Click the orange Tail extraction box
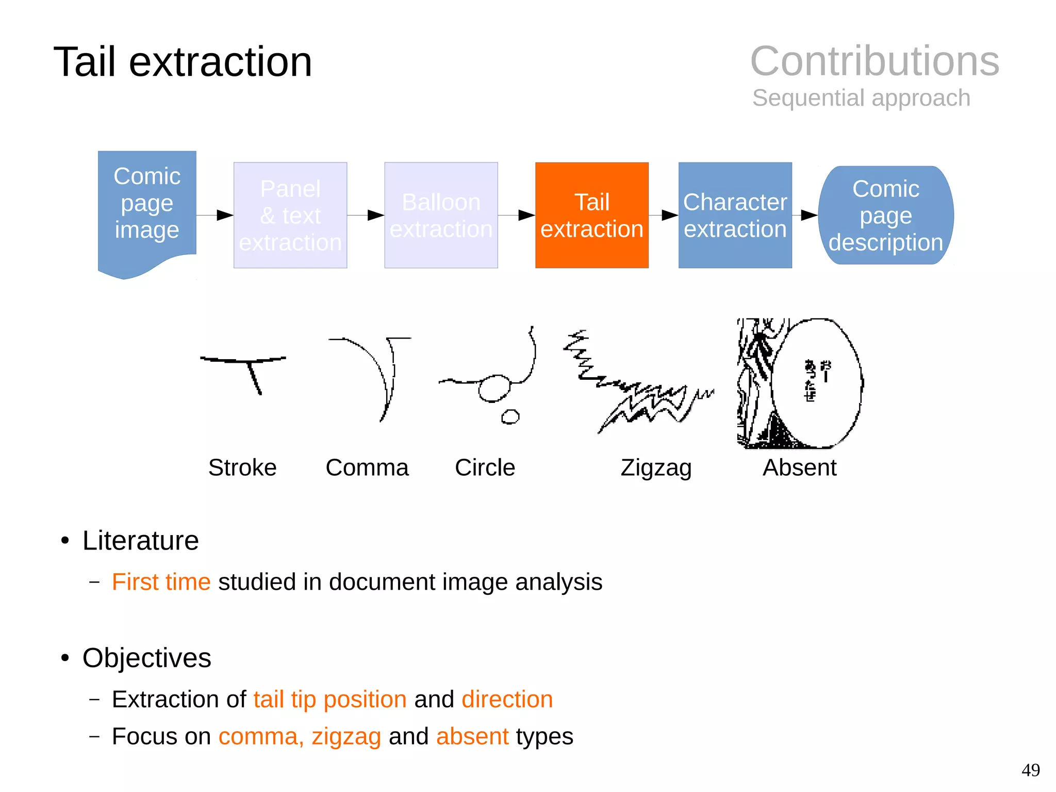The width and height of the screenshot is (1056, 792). click(x=591, y=215)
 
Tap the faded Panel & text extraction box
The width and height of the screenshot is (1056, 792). click(x=290, y=215)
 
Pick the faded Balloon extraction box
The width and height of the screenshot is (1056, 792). click(x=441, y=215)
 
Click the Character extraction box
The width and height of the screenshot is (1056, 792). click(x=735, y=215)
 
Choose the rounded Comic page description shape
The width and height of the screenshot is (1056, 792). click(x=885, y=215)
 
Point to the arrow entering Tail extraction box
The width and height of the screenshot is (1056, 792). click(x=524, y=215)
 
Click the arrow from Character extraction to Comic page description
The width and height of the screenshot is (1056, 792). click(x=807, y=215)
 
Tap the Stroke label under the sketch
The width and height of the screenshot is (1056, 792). click(x=242, y=467)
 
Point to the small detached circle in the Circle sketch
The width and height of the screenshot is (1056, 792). click(x=510, y=417)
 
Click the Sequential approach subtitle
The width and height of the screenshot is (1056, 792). click(x=861, y=98)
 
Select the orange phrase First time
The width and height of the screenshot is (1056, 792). click(x=161, y=582)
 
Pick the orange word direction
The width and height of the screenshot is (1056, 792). click(x=507, y=700)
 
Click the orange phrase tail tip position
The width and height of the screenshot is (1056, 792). click(x=330, y=700)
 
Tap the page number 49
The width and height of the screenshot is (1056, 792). click(x=1030, y=770)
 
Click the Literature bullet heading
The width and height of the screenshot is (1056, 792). click(x=140, y=541)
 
